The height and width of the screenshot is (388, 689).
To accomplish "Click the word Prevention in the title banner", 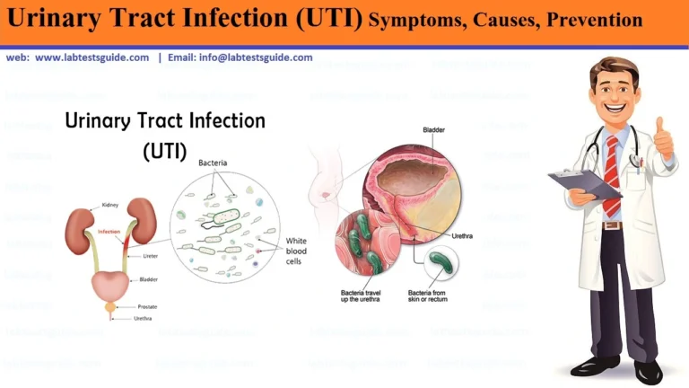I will (593, 19).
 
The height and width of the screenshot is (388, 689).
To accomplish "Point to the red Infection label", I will (109, 231).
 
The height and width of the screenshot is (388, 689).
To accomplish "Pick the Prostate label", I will (147, 305).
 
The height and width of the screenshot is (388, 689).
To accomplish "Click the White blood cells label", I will (296, 252).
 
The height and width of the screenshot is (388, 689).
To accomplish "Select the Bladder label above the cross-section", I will (434, 130).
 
